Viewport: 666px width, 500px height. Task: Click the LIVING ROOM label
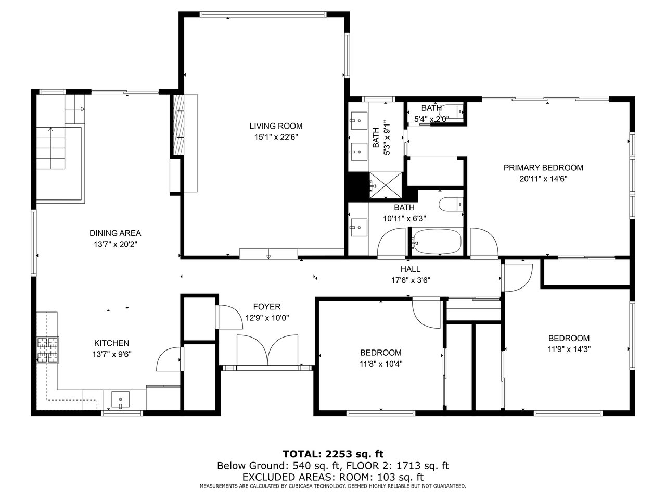coord(276,126)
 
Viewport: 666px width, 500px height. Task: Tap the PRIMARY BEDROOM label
coord(543,168)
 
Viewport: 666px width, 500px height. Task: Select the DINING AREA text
coord(116,233)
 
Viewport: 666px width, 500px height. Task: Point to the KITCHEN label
coord(112,343)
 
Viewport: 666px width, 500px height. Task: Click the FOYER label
coord(267,307)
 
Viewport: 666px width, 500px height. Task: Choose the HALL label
coord(411,269)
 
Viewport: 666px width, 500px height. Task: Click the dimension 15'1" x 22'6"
coord(276,137)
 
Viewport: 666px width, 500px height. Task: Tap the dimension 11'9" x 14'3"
coord(569,349)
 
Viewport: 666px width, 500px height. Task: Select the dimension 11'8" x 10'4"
coord(381,364)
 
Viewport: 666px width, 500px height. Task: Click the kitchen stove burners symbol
coord(48,350)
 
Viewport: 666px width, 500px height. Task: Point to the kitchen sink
coord(121,399)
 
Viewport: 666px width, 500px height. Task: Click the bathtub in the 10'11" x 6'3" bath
coord(437,242)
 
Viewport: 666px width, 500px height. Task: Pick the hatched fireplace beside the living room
coord(178,125)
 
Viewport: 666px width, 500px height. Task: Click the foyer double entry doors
coord(267,349)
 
